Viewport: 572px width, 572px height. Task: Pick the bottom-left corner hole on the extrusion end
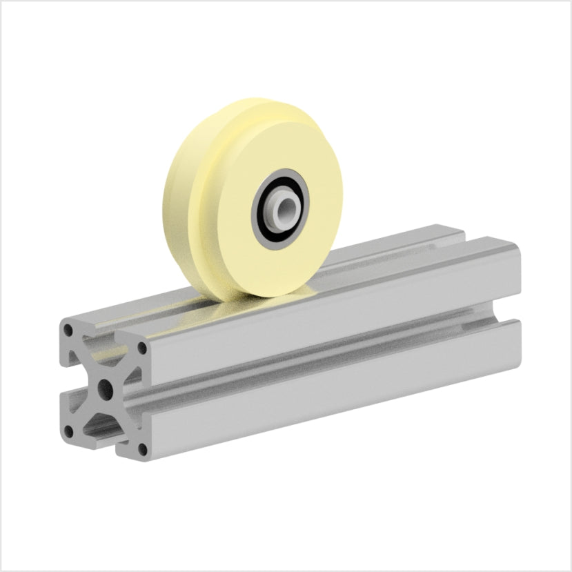(68, 432)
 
